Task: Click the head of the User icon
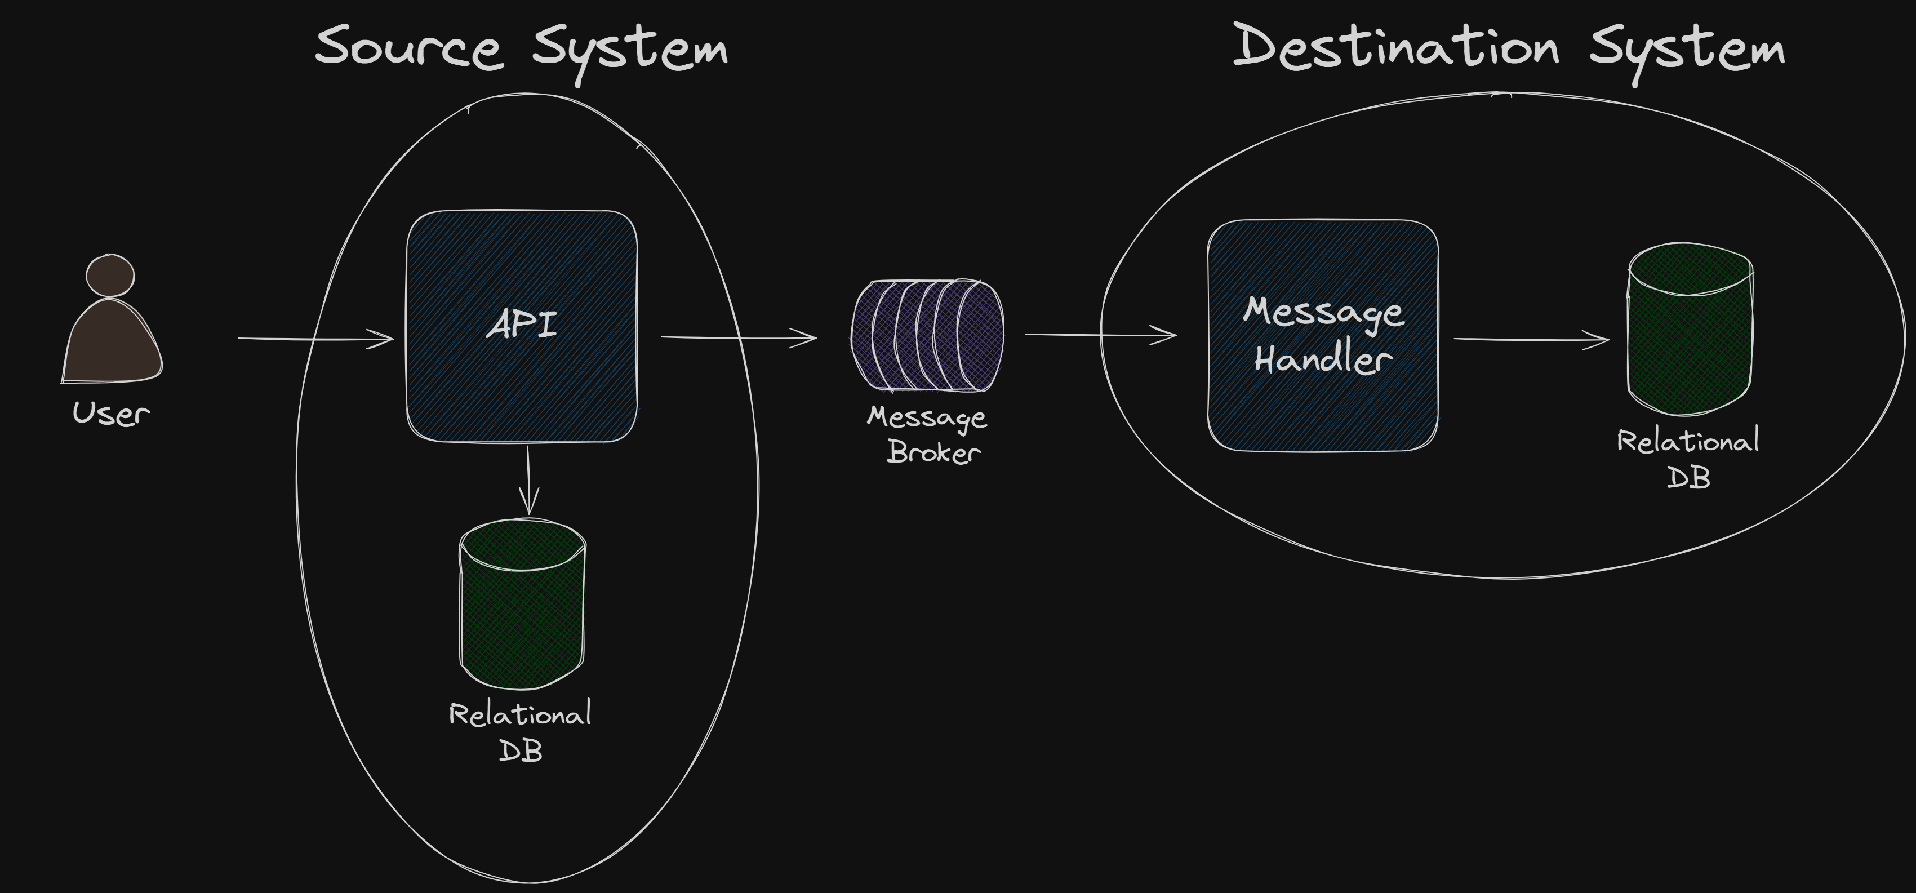tap(110, 275)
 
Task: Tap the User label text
tap(111, 414)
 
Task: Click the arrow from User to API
tap(315, 339)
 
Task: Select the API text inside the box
tap(522, 325)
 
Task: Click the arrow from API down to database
tap(528, 479)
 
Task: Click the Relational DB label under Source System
tap(521, 732)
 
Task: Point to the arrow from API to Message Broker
tap(738, 337)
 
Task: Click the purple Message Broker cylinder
tap(927, 335)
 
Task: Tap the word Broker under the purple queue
tap(933, 452)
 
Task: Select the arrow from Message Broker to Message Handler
tap(1100, 335)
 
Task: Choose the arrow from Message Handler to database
tap(1531, 340)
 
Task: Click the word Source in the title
tap(408, 47)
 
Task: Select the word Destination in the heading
tap(1395, 46)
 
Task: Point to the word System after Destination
tap(1687, 51)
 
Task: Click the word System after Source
tap(630, 51)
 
